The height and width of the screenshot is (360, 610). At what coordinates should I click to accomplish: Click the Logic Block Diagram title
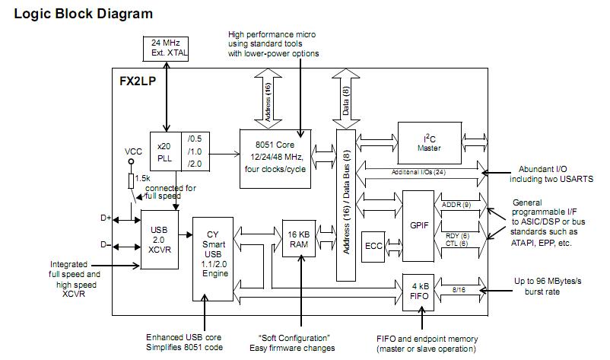(x=83, y=14)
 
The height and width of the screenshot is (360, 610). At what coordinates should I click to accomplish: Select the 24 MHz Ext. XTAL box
(x=166, y=49)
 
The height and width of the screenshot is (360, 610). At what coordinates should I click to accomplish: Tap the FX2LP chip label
(x=138, y=81)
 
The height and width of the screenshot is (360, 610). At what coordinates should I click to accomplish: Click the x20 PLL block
(x=166, y=151)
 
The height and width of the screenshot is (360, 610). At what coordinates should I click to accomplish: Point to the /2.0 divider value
(x=195, y=164)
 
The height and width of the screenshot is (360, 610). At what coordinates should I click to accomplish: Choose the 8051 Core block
(x=275, y=159)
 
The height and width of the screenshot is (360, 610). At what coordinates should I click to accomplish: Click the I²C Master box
(x=430, y=143)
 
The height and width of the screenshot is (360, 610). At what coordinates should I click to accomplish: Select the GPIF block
(x=418, y=226)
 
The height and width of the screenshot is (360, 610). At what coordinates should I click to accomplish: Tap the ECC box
(x=373, y=247)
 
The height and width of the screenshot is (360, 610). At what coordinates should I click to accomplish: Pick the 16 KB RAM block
(x=299, y=238)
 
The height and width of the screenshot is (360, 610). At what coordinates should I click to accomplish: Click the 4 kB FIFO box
(x=418, y=292)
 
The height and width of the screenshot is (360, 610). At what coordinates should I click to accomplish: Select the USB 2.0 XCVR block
(x=160, y=240)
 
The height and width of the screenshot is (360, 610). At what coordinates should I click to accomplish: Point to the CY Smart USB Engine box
(x=213, y=259)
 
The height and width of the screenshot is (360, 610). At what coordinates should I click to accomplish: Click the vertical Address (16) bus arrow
(x=268, y=99)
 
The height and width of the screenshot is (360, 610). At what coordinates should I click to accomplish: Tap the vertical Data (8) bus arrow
(x=345, y=99)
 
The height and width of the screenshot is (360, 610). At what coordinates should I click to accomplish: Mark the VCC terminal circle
(x=131, y=161)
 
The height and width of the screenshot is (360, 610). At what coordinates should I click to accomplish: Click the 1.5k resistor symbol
(x=131, y=181)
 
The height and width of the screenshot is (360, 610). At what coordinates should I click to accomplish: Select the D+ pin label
(x=106, y=218)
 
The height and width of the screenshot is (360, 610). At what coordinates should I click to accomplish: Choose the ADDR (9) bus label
(x=456, y=205)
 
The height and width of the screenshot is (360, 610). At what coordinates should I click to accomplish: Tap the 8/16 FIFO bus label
(x=459, y=290)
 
